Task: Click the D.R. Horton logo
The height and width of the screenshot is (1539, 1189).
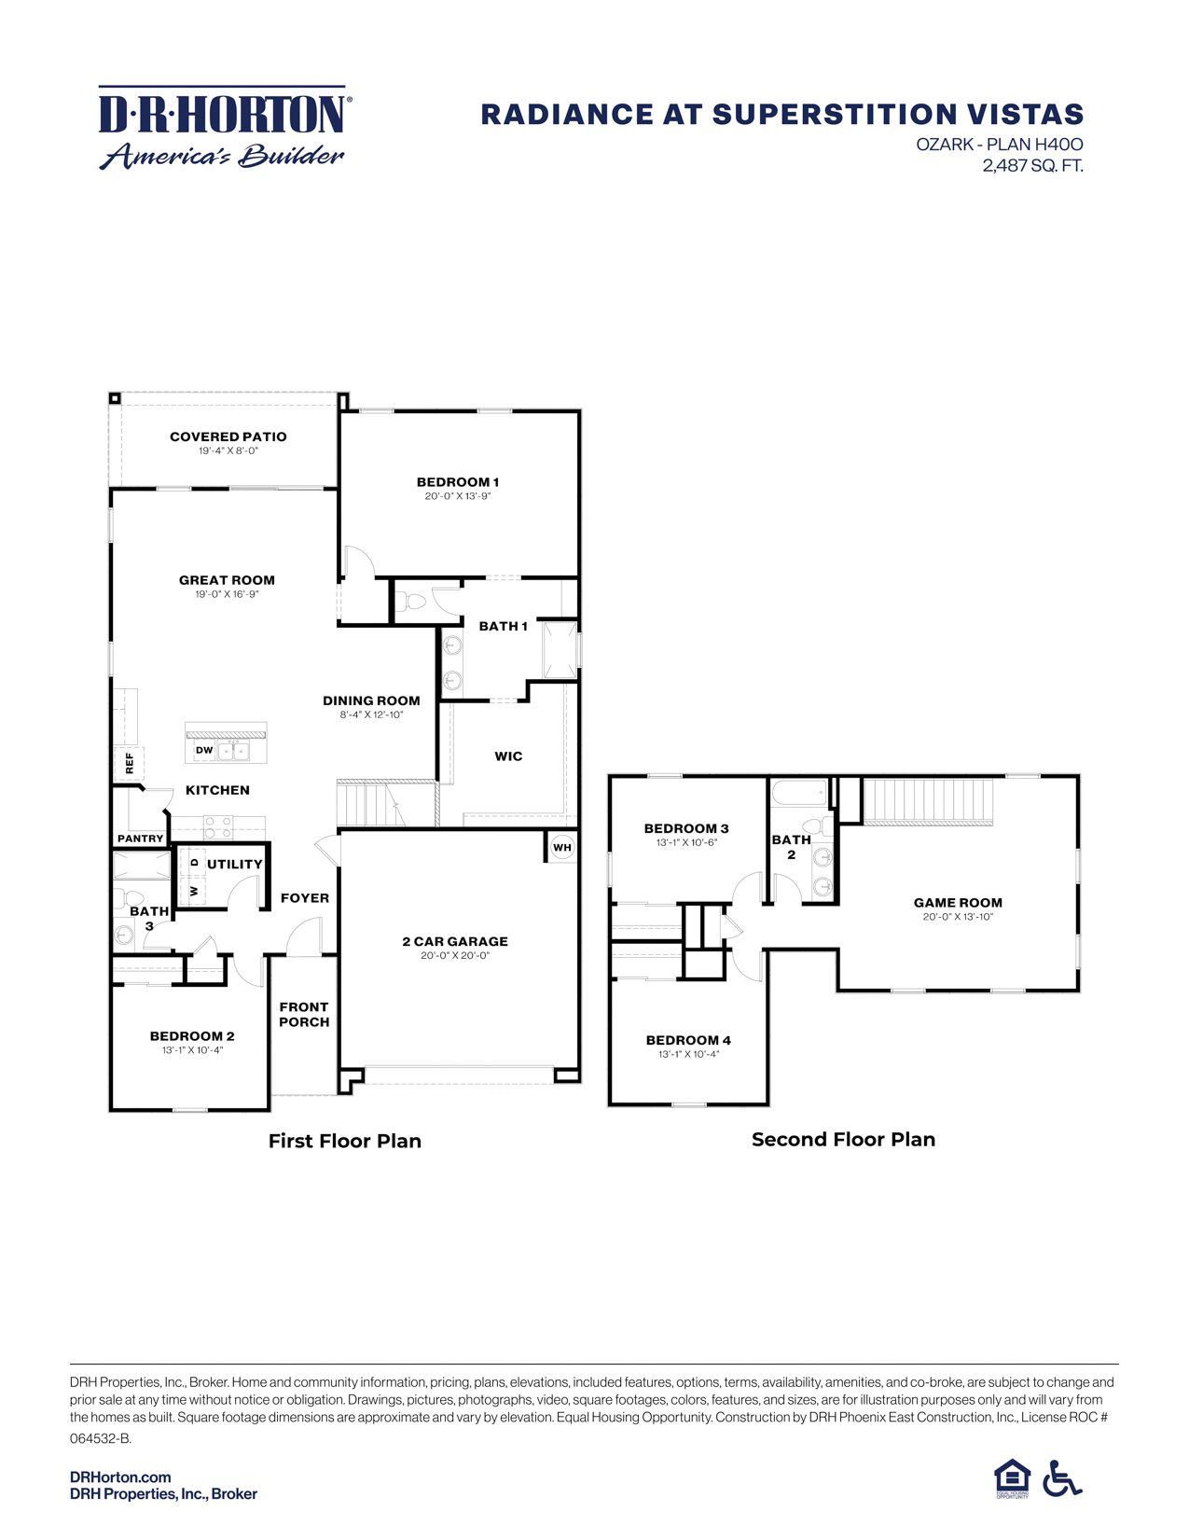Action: [x=223, y=129]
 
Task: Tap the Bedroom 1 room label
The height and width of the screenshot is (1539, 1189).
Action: [x=457, y=482]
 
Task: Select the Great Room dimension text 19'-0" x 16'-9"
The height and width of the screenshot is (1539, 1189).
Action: [x=227, y=594]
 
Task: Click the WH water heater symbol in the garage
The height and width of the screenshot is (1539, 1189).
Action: [x=561, y=848]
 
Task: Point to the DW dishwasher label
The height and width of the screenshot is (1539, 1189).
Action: [x=204, y=750]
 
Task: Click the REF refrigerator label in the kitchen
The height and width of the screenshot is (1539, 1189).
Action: [x=130, y=764]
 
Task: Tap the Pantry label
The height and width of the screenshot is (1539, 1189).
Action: [x=141, y=839]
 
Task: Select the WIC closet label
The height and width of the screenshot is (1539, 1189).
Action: [x=508, y=756]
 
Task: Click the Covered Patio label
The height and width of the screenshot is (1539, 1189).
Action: [x=228, y=437]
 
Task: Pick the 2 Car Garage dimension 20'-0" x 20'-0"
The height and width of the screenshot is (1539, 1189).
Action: [x=455, y=956]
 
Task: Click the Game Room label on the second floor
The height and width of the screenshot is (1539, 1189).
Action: [x=958, y=903]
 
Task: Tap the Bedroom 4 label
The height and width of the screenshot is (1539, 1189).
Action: [x=688, y=1040]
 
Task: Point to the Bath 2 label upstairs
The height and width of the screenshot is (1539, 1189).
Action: [x=791, y=847]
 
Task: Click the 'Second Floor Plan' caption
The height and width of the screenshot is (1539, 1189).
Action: [x=843, y=1140]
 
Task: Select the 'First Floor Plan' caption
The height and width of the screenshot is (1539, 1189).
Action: [x=345, y=1142]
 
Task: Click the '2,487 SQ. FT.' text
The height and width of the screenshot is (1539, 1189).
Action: [x=1032, y=166]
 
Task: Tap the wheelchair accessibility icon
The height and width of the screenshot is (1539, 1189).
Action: [x=1062, y=1478]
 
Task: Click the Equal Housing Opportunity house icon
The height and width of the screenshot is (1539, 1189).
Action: [x=1012, y=1478]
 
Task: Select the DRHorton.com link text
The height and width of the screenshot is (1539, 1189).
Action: [x=120, y=1477]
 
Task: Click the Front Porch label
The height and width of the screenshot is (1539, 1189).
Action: [x=304, y=1015]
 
